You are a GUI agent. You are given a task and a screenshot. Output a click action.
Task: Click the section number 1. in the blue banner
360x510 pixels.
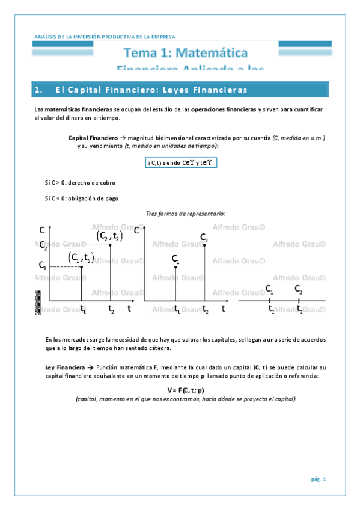click(40, 90)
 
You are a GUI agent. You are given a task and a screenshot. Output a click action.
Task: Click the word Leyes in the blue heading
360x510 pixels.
click(178, 90)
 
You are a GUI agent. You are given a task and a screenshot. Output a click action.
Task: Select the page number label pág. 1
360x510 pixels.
click(318, 479)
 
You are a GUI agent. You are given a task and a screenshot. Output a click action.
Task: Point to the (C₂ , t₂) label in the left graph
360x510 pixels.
click(109, 236)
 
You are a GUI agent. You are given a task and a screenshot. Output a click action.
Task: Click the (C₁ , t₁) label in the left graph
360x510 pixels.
click(81, 257)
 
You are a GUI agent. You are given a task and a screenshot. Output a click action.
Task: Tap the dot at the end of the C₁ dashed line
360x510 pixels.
click(81, 266)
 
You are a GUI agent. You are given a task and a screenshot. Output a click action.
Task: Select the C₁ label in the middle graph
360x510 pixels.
click(175, 259)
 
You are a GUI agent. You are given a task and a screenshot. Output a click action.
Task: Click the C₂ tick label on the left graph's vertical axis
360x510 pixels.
click(43, 244)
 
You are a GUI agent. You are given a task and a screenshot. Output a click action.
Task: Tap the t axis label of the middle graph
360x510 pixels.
click(223, 309)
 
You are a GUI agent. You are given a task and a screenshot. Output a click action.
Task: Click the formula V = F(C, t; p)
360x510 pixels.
click(180, 390)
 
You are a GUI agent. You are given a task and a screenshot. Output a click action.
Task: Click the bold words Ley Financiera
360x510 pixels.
click(66, 367)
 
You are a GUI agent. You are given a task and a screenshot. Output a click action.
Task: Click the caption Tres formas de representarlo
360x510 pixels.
click(186, 213)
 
